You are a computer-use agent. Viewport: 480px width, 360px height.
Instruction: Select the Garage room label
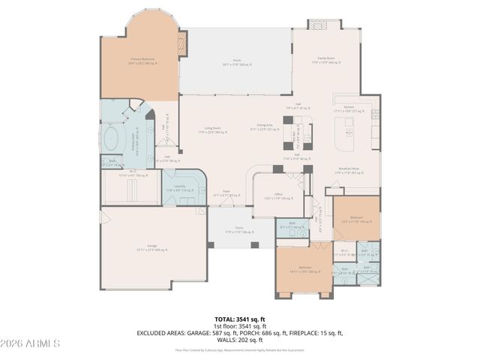pos(152,249)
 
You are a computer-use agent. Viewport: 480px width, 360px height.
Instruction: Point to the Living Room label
pos(216,129)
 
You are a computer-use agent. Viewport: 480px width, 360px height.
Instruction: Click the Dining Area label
pos(264,127)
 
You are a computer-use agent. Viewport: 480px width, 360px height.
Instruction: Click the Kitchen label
pos(348,109)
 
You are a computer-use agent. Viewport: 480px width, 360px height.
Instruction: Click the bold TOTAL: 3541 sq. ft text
pos(239,319)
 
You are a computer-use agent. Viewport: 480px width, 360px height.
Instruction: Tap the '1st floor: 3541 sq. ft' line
pos(239,326)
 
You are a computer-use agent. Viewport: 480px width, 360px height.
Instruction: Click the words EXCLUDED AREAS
pos(159,333)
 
